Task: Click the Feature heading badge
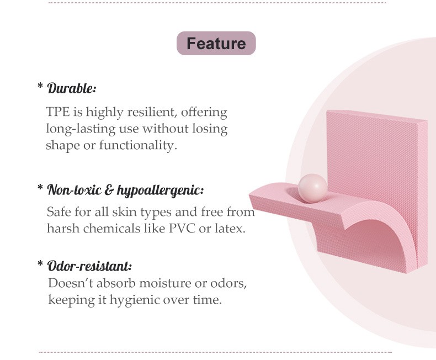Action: point(216,43)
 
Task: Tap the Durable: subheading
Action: point(72,88)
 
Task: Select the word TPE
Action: point(58,112)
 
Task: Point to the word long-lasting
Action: point(81,129)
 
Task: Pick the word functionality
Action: point(138,145)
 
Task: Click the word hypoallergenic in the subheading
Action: point(160,190)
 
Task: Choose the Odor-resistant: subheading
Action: point(89,266)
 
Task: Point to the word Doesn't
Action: point(71,283)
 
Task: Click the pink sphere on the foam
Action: point(312,188)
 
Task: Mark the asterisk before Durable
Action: point(40,85)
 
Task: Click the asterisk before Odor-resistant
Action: point(40,263)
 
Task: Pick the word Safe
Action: point(59,211)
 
